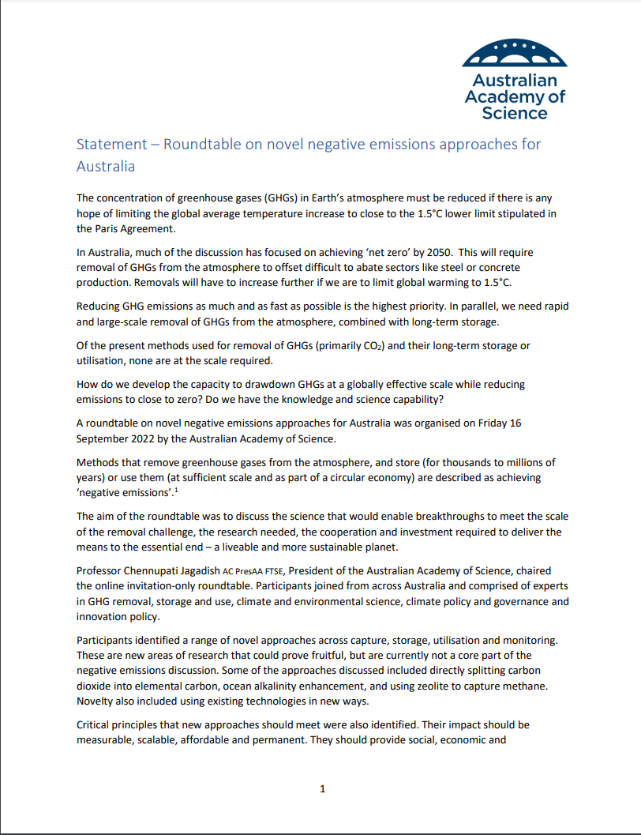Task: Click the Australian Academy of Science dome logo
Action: (514, 54)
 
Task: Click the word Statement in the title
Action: (111, 145)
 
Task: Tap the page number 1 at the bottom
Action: (321, 788)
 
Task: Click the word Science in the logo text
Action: (514, 113)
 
